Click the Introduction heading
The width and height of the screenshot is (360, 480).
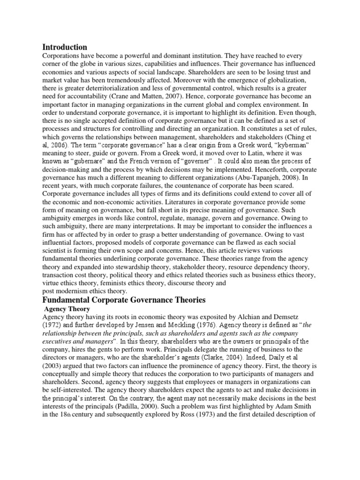point(65,47)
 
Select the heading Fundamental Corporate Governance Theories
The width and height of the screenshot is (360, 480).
point(124,300)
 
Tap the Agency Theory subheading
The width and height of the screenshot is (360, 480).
point(64,309)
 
